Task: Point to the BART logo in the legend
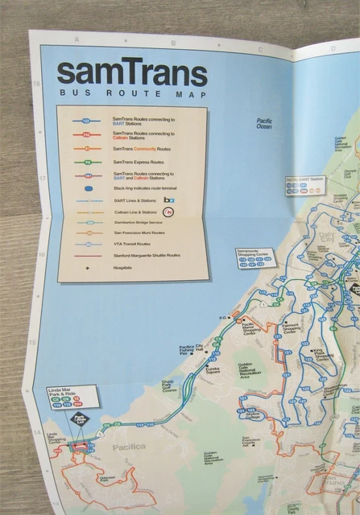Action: pyautogui.click(x=169, y=200)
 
